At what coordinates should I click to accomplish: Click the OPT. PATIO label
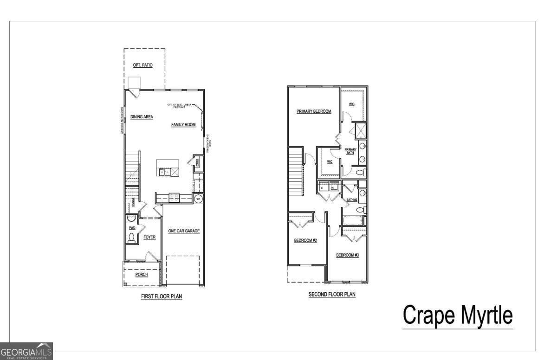click(x=143, y=65)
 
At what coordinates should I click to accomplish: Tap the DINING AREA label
click(x=142, y=117)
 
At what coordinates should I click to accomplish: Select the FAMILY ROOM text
click(x=183, y=125)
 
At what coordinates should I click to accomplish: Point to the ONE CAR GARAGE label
click(x=184, y=231)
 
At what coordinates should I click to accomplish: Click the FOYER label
click(x=149, y=238)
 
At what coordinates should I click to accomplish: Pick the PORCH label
click(x=142, y=275)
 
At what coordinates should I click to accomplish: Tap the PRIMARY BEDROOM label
click(x=314, y=111)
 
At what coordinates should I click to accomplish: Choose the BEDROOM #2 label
click(x=305, y=240)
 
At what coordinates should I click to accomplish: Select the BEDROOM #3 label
click(x=348, y=255)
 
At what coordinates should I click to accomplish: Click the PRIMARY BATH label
click(x=350, y=151)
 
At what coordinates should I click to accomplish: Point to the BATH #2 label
click(x=352, y=200)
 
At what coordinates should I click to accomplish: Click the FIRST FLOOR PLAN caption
click(x=162, y=296)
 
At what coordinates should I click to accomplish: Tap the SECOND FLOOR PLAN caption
click(x=332, y=294)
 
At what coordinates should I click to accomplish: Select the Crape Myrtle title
click(x=458, y=315)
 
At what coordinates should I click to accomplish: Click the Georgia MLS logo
click(x=26, y=351)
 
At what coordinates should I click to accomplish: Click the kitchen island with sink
click(x=168, y=167)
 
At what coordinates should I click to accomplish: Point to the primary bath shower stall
click(x=360, y=131)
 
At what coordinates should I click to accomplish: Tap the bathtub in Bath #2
click(x=352, y=220)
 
